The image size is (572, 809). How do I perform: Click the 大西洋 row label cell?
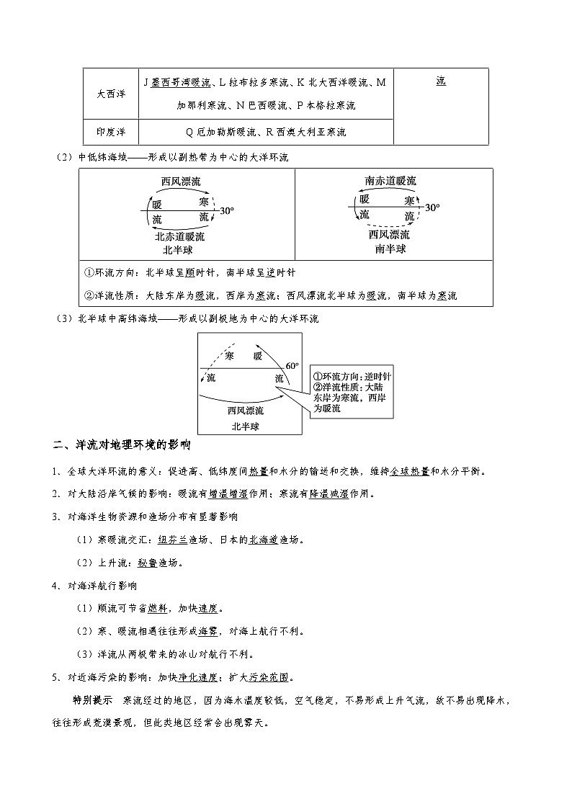pyautogui.click(x=110, y=94)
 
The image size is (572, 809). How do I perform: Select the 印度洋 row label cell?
pyautogui.click(x=110, y=132)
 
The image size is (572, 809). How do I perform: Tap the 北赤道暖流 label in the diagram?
pyautogui.click(x=179, y=236)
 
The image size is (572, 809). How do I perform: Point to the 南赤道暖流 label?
pyautogui.click(x=390, y=181)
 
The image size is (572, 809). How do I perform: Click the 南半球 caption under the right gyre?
pyautogui.click(x=390, y=249)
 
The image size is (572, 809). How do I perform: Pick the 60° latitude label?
pyautogui.click(x=292, y=366)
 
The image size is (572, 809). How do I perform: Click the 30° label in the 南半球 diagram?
pyautogui.click(x=432, y=207)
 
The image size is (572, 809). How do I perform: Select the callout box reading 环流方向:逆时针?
pyautogui.click(x=351, y=392)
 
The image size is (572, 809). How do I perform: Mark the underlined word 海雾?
pyautogui.click(x=208, y=632)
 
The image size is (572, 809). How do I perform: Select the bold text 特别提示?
pyautogui.click(x=92, y=700)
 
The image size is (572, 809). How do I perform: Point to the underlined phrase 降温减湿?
pyautogui.click(x=325, y=494)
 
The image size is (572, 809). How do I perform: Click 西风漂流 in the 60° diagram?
pyautogui.click(x=245, y=411)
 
